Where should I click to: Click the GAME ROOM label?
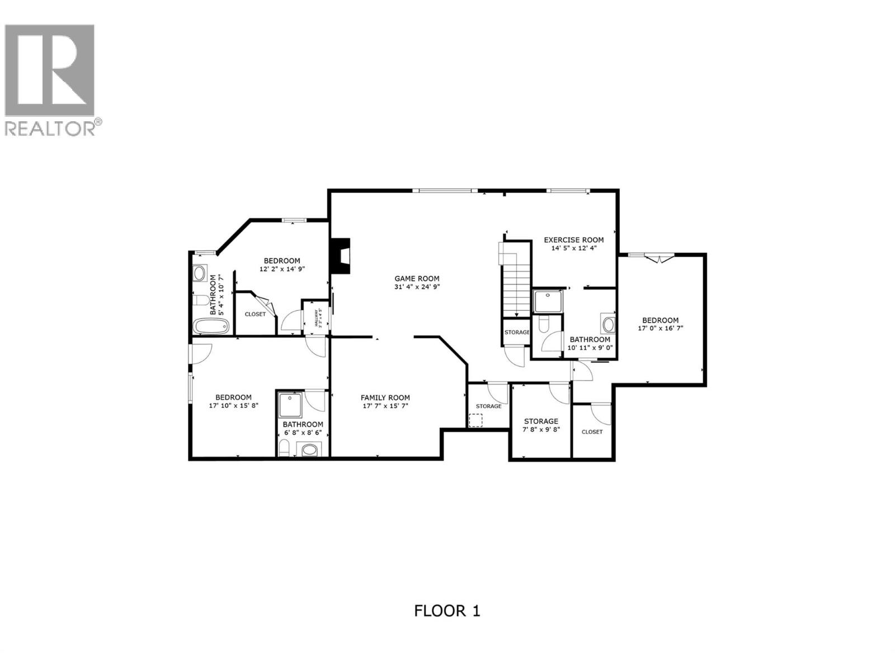417,278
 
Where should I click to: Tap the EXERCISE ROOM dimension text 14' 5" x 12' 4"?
574,248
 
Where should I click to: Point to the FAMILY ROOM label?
385,398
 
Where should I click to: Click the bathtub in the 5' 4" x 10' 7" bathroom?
202,326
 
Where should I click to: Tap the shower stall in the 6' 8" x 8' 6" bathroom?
290,405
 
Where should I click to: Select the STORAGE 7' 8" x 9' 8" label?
541,421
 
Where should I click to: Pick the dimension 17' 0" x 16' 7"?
660,329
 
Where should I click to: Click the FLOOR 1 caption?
447,611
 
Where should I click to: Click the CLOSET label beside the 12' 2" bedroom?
255,314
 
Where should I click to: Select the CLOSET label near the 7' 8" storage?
592,432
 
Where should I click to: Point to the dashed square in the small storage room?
475,420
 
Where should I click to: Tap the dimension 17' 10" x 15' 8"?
234,406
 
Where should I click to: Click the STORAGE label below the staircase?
516,332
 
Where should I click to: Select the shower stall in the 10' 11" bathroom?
547,301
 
